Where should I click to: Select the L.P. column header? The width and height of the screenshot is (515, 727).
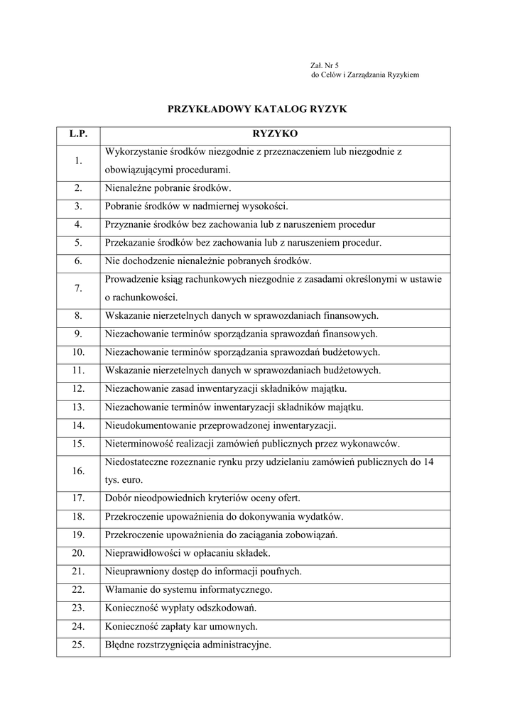[78, 133]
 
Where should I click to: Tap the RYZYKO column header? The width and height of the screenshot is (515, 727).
[275, 133]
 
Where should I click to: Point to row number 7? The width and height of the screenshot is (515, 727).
[78, 288]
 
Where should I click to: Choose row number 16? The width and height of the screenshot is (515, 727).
[78, 471]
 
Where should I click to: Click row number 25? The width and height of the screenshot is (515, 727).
[78, 645]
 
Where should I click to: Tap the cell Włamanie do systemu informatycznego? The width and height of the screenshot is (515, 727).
[188, 590]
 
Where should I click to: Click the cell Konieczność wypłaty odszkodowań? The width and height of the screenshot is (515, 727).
[180, 608]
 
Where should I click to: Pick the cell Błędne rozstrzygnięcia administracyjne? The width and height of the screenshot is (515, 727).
[188, 645]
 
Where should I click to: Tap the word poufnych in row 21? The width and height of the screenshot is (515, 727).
[283, 572]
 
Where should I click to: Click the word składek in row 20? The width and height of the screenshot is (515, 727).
[254, 553]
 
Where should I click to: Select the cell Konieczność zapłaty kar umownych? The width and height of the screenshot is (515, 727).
[181, 627]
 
